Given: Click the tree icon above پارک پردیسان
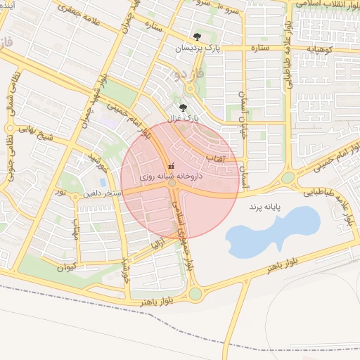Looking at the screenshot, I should pyautogui.click(x=196, y=37).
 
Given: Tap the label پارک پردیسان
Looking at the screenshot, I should pyautogui.click(x=198, y=48).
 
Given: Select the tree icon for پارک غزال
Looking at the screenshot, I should pyautogui.click(x=184, y=108).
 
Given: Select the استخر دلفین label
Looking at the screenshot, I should pyautogui.click(x=103, y=193).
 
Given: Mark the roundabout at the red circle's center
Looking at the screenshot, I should pyautogui.click(x=172, y=184).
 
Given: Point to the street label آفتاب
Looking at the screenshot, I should pyautogui.click(x=214, y=159).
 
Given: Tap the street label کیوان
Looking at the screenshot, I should pyautogui.click(x=65, y=267).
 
